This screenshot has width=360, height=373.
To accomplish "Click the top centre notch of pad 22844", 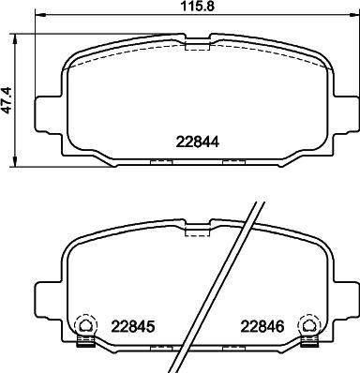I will (197, 41).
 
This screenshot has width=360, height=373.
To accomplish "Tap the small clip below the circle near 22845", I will (85, 340).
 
